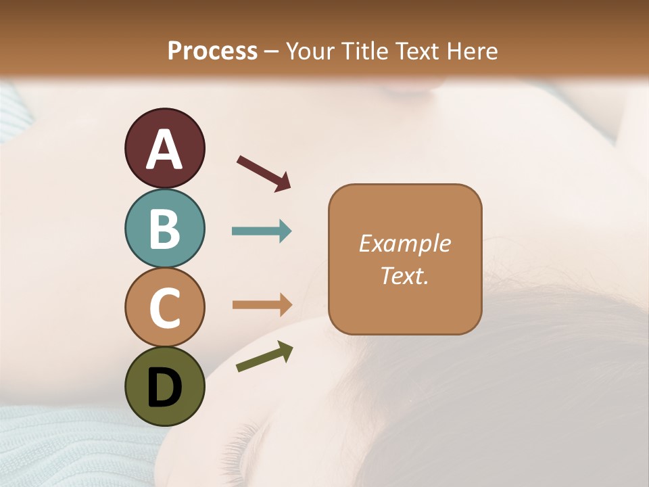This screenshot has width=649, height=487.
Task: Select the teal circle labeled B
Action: (x=164, y=229)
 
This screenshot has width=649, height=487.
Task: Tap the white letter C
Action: (x=165, y=308)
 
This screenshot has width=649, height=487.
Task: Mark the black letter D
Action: (x=165, y=388)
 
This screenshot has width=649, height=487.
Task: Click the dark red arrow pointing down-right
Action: (x=264, y=172)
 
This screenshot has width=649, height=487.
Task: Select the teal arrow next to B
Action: (x=262, y=231)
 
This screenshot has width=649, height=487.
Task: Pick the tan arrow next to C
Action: (x=262, y=304)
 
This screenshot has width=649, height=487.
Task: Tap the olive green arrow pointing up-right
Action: (x=264, y=356)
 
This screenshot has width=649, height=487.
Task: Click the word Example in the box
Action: (x=404, y=243)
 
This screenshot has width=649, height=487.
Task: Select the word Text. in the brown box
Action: (x=404, y=275)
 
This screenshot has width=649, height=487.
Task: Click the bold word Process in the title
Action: (x=212, y=51)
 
